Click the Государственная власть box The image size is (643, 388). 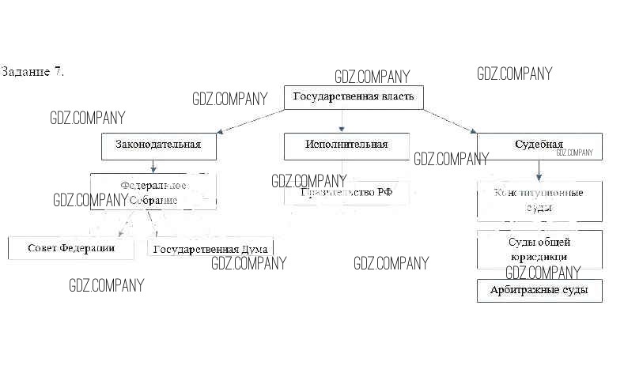point(354,97)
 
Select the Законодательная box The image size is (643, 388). point(158,145)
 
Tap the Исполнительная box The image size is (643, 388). point(346,145)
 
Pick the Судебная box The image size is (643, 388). point(539,146)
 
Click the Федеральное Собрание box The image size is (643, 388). point(153,192)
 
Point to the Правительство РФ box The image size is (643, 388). point(346,192)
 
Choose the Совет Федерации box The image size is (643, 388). point(70,248)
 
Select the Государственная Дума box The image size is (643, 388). point(210,249)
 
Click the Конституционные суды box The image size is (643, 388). point(539,201)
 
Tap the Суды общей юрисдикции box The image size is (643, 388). point(539,250)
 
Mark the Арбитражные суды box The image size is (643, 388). point(539,291)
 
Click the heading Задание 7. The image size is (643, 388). point(32,72)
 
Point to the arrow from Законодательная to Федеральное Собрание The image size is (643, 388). point(153,166)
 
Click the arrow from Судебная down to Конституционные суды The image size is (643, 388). point(539,170)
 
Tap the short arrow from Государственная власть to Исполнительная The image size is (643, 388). point(342,120)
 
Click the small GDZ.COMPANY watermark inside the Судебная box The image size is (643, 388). point(573,153)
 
